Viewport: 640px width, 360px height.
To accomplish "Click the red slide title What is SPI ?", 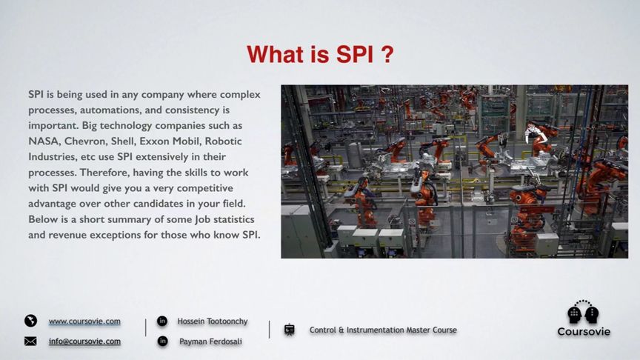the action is click(x=320, y=55).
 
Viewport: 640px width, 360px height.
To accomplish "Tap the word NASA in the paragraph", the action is click(x=43, y=141).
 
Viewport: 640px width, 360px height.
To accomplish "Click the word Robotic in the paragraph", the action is click(x=223, y=141).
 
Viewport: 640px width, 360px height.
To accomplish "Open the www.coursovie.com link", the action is click(x=84, y=321).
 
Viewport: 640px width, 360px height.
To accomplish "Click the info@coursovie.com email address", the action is click(x=84, y=341).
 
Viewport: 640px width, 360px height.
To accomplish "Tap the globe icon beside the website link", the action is click(x=30, y=321).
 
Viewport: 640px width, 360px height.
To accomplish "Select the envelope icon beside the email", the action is click(x=30, y=341).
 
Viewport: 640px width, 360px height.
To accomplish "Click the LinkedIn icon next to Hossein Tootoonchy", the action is click(x=162, y=321).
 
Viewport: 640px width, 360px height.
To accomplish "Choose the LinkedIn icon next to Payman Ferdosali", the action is click(x=162, y=341).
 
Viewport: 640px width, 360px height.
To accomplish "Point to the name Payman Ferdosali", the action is click(x=210, y=341).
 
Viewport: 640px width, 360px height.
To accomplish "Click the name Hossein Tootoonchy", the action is click(x=213, y=321).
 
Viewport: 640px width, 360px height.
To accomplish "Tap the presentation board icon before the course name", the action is click(x=290, y=330).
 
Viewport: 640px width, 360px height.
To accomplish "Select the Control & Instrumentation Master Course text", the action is click(x=383, y=330).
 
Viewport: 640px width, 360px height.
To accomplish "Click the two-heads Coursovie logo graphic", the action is click(x=583, y=313).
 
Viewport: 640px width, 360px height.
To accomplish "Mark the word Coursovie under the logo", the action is click(x=584, y=332).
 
